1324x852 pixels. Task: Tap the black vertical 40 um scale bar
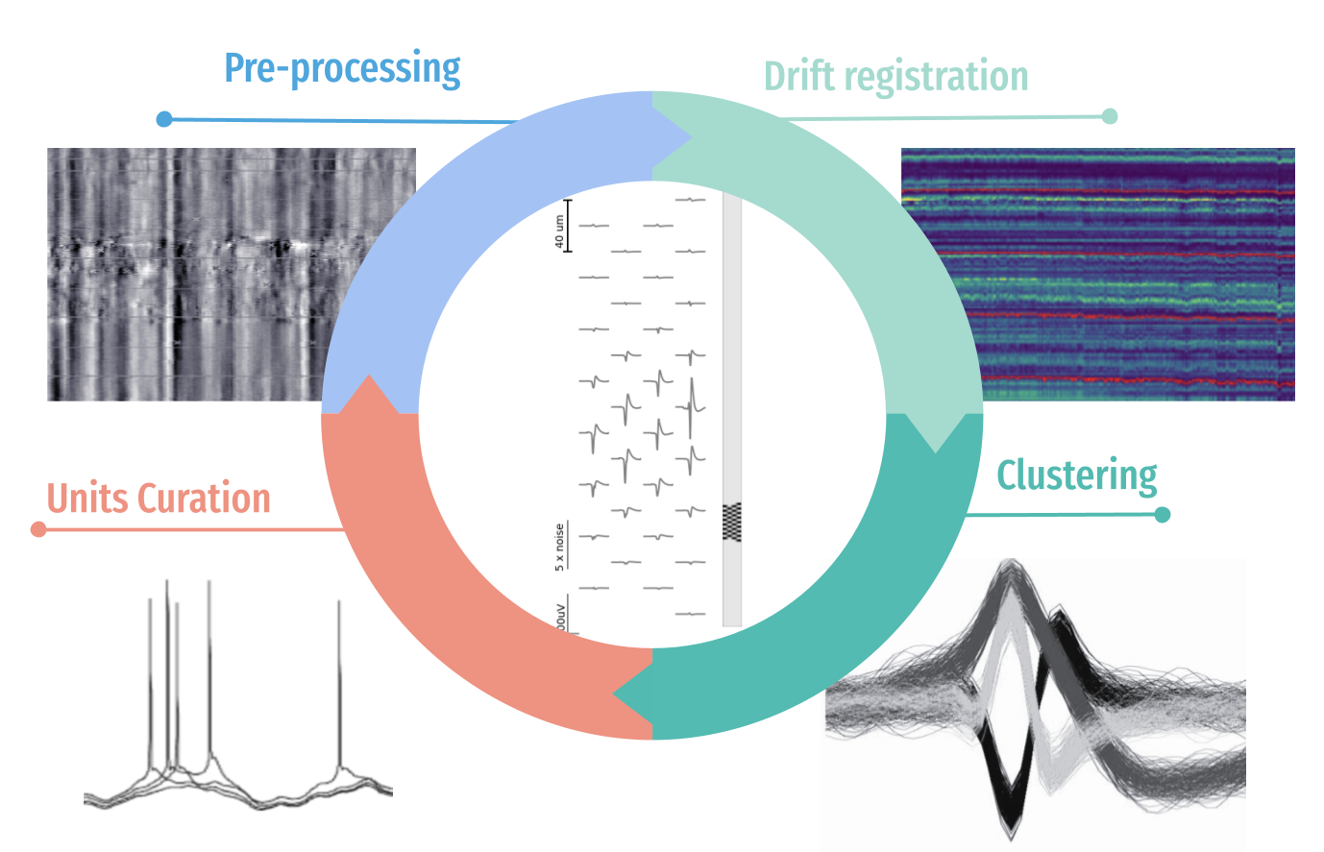[x=568, y=226]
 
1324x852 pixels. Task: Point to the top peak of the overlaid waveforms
[x=1010, y=567]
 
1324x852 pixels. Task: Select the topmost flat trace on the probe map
[x=691, y=200]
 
